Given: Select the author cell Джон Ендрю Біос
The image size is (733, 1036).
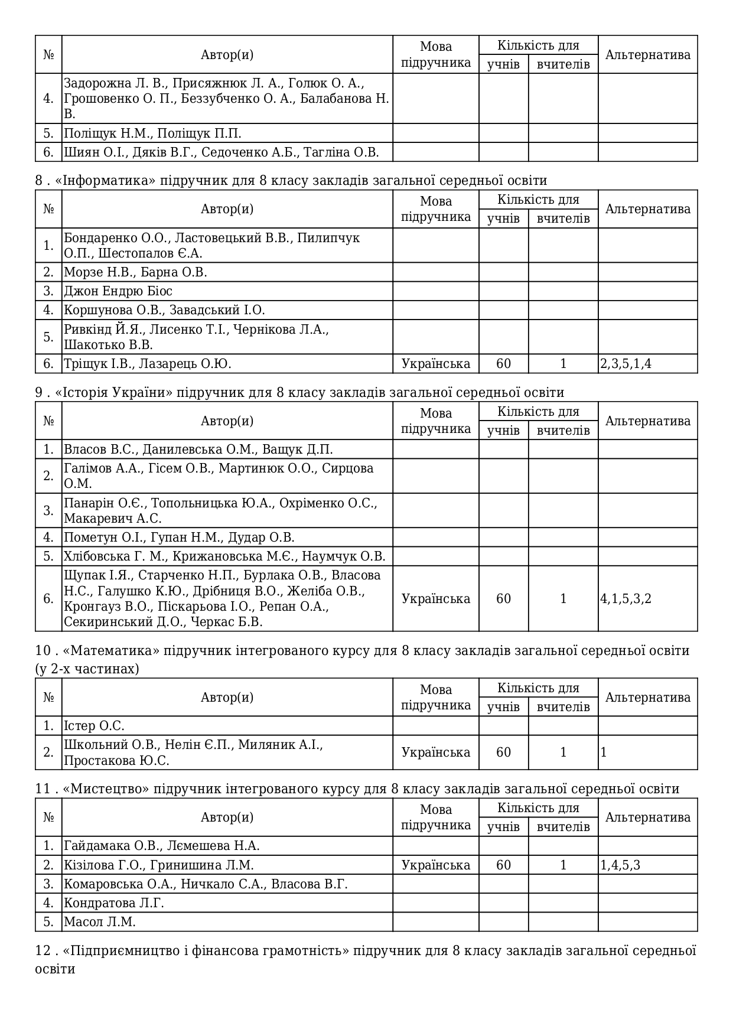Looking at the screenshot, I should point(118,291).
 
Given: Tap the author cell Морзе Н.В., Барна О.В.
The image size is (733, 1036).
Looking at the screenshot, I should point(135,272).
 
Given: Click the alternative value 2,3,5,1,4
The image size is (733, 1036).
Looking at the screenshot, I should point(626,364).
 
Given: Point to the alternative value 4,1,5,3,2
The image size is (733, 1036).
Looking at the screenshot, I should point(626,599).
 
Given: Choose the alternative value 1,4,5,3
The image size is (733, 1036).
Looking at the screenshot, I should point(621,865).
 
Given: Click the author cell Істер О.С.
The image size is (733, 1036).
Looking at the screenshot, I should point(94,726).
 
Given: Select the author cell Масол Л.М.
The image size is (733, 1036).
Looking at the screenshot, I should point(100,922).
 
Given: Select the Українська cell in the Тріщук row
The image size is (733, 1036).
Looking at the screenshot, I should point(436,364).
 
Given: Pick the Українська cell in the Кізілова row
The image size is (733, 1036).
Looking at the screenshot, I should point(436,865).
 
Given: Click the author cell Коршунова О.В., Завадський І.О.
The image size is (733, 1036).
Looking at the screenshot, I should point(164,310).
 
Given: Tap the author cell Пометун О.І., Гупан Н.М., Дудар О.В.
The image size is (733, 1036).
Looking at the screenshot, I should point(179,537).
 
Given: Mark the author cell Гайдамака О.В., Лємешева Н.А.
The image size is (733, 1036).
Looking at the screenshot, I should point(162,846).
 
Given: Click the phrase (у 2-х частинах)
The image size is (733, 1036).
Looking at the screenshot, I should point(87,669).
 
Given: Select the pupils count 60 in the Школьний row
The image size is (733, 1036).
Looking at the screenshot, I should point(503,752).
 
